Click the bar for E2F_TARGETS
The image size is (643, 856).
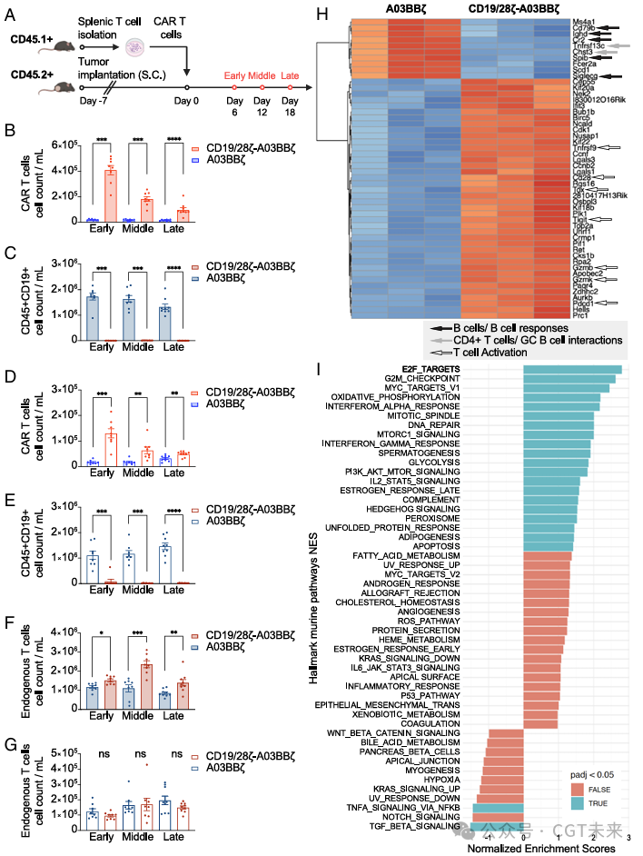[572, 369]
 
